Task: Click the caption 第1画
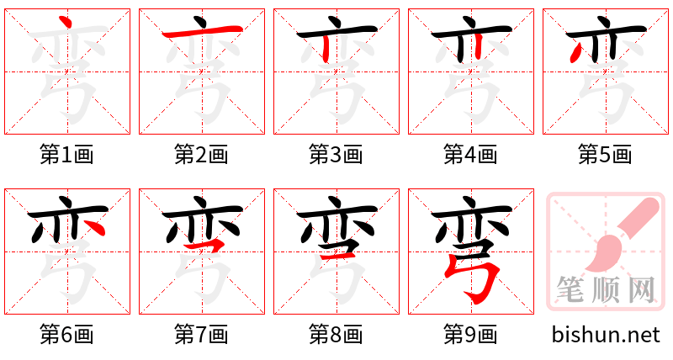click(x=66, y=155)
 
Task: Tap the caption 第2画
click(x=201, y=155)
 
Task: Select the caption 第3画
click(x=336, y=155)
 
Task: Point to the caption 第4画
click(x=470, y=155)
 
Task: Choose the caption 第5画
click(x=605, y=155)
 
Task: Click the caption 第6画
click(x=66, y=335)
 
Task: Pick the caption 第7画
click(x=201, y=335)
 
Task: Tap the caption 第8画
click(x=336, y=335)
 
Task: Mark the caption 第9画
click(x=470, y=335)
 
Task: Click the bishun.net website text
click(x=606, y=335)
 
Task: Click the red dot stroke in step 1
click(x=66, y=22)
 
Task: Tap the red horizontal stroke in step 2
click(x=203, y=31)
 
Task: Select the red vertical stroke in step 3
click(x=326, y=49)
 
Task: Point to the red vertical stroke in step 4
click(x=478, y=48)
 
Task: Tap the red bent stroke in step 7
click(x=206, y=245)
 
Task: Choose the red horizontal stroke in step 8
click(x=338, y=256)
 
